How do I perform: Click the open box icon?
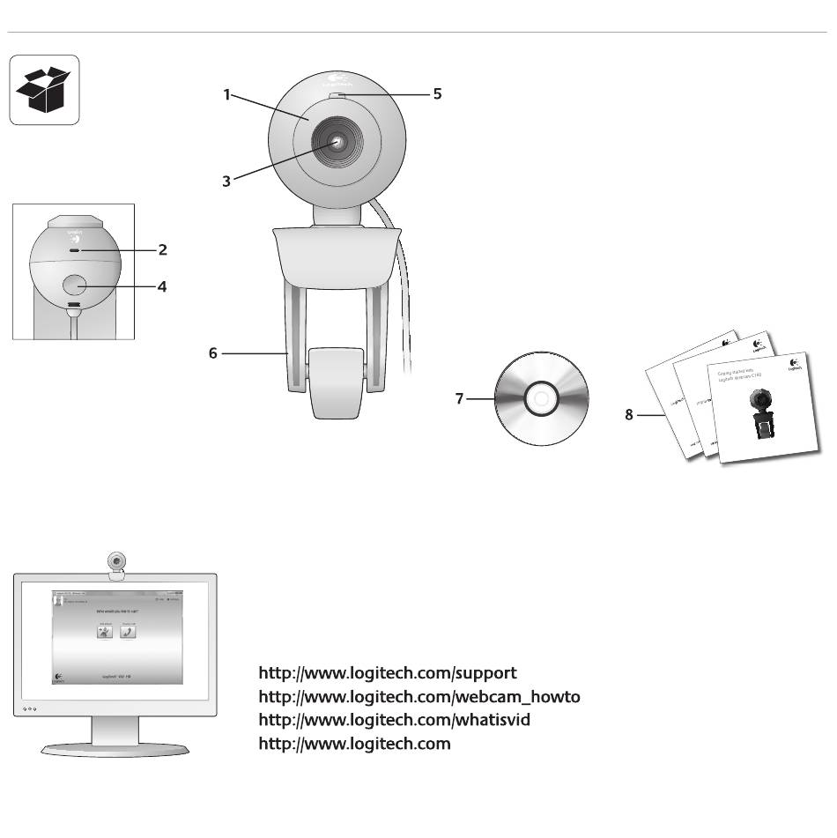coord(44,90)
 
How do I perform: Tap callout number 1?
coord(226,94)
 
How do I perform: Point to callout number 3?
coord(226,181)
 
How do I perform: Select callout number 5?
coord(437,93)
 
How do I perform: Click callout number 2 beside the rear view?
coord(162,249)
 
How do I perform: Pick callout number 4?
coord(162,286)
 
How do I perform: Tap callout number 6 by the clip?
coord(213,353)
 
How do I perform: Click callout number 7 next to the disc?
coord(459,399)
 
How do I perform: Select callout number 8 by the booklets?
coord(629,414)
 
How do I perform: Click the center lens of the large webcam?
coord(338,142)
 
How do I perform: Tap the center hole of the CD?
coord(540,399)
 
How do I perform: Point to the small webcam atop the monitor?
coord(116,560)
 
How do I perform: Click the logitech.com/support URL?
coord(388,673)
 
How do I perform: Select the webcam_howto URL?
coord(419,697)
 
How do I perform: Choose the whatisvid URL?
coord(394,720)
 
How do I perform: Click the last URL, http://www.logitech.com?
coord(354,744)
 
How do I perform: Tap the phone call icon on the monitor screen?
coord(129,631)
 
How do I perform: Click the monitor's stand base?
coord(115,748)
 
